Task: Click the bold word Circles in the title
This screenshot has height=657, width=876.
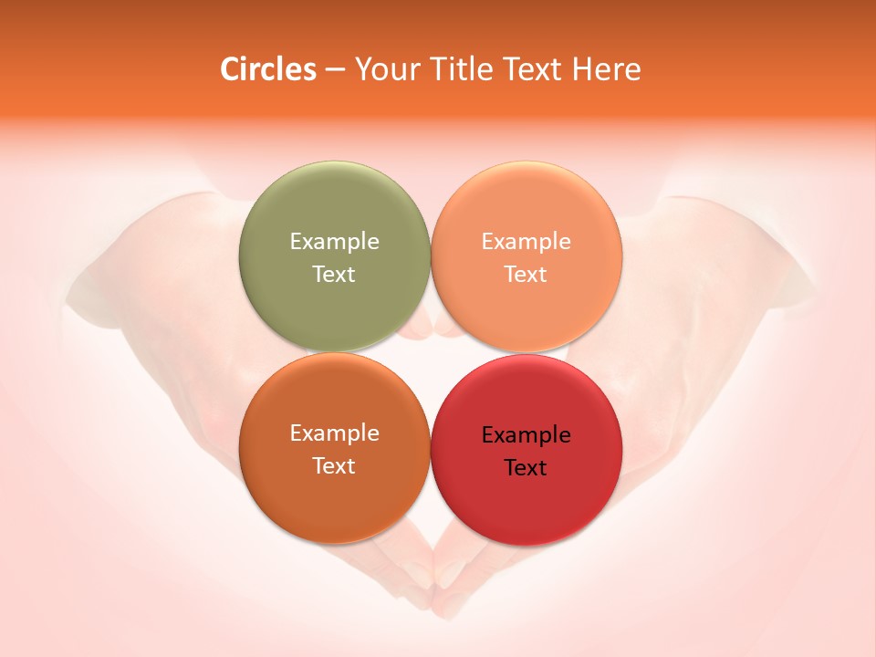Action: [x=267, y=69]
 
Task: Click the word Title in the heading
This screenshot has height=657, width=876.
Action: [x=454, y=69]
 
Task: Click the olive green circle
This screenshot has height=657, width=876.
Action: [x=334, y=210]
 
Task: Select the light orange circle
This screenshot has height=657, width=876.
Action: [x=527, y=210]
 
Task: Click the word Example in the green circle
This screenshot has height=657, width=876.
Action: [x=334, y=242]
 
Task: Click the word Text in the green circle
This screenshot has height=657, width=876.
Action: [x=334, y=274]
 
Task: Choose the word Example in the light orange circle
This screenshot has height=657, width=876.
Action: [x=527, y=242]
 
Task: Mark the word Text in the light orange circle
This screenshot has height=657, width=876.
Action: [x=527, y=274]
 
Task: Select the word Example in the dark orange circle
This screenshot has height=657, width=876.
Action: [x=334, y=433]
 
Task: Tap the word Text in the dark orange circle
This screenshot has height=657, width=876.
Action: [x=334, y=465]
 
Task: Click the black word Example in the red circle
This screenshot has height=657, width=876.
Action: [x=527, y=435]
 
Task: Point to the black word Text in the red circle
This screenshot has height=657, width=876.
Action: [x=527, y=468]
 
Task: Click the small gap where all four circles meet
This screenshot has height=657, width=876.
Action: [x=431, y=353]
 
